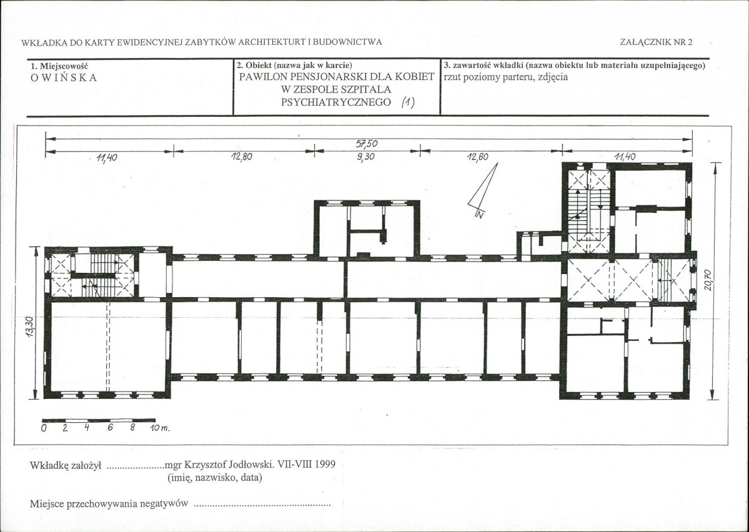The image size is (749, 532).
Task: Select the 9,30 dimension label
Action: [365, 157]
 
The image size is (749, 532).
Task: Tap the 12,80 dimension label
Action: [242, 157]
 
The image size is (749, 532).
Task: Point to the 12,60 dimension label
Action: [478, 157]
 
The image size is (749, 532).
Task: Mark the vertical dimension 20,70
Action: [707, 280]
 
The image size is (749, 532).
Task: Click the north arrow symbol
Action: [482, 190]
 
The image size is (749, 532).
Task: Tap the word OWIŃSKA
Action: [64, 78]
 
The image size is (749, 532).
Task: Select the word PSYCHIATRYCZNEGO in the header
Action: [336, 102]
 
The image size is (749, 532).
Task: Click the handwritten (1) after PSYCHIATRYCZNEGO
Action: [408, 102]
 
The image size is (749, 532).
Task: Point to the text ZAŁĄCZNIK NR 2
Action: [656, 42]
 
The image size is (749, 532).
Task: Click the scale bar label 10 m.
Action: [160, 428]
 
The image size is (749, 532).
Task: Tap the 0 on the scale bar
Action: [44, 428]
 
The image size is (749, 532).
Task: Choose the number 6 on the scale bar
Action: [111, 428]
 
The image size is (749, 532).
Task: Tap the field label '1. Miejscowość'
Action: [59, 66]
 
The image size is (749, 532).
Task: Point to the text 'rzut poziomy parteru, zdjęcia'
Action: [506, 77]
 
